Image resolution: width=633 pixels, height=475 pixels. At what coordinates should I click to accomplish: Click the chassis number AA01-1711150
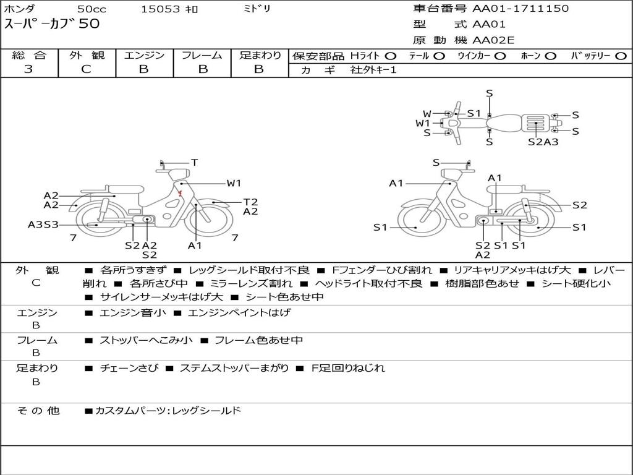(x=520, y=9)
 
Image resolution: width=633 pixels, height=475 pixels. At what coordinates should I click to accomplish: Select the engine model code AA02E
(x=493, y=40)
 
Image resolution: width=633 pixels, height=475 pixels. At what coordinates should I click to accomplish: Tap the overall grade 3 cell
(x=28, y=69)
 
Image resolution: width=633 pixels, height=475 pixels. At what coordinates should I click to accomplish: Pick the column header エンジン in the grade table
(x=144, y=55)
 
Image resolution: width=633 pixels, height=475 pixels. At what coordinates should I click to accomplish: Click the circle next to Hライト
(x=391, y=56)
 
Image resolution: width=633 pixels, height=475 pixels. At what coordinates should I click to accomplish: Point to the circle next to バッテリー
(x=621, y=56)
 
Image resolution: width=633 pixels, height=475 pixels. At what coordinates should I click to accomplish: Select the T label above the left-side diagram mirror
(x=195, y=163)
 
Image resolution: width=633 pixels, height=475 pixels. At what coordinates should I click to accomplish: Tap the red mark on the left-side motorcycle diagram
(x=181, y=194)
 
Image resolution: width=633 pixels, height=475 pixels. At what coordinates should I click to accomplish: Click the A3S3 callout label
(x=43, y=225)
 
